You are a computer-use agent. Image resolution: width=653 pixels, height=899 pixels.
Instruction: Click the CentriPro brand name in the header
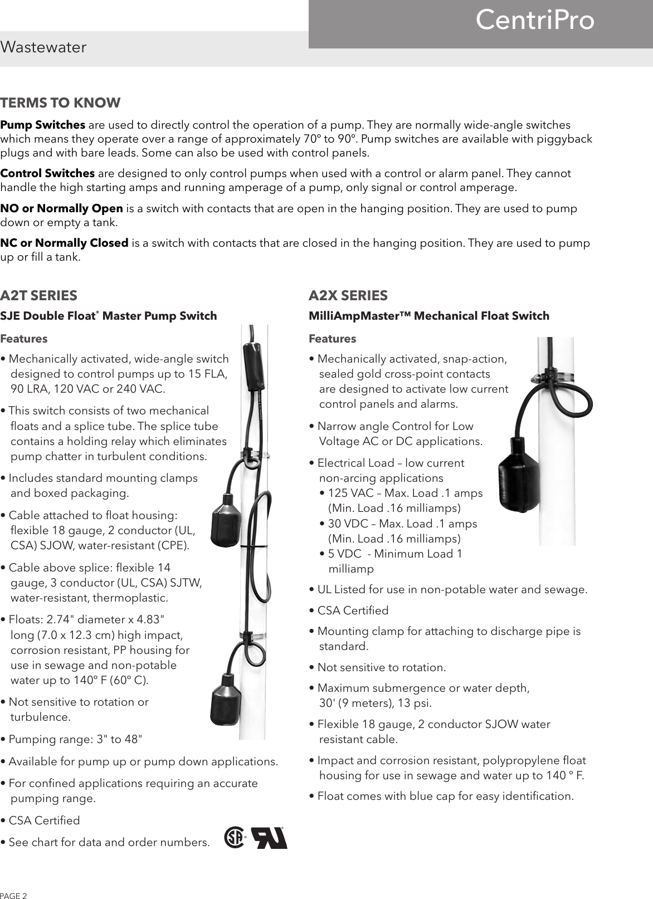(x=535, y=21)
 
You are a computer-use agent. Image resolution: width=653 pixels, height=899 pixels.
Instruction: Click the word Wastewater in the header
(x=43, y=47)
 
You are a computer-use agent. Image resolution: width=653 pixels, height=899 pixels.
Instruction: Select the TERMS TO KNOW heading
(x=60, y=103)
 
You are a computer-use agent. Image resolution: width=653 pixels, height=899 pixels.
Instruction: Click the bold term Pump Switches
(x=43, y=124)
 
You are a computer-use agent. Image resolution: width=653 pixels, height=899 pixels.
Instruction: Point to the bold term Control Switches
(x=47, y=173)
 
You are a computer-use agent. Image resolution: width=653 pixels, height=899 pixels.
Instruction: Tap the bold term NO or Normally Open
(x=62, y=209)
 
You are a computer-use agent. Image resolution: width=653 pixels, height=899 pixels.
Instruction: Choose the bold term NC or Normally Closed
(x=65, y=243)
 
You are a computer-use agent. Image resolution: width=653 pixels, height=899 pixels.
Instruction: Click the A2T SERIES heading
(x=39, y=295)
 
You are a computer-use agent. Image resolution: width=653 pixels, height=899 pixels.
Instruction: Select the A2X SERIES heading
(x=348, y=295)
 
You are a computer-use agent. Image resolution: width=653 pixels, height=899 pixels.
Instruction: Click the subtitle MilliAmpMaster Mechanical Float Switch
(x=429, y=316)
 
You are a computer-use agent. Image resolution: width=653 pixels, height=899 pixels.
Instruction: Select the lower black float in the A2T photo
(x=227, y=700)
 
